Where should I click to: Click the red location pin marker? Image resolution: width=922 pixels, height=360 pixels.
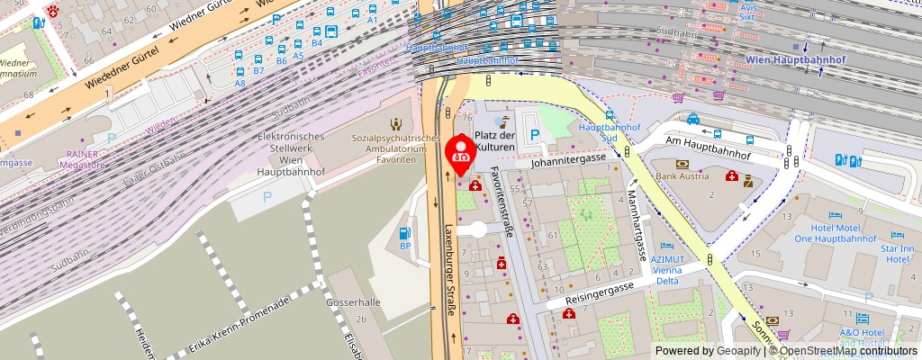tap(461, 154)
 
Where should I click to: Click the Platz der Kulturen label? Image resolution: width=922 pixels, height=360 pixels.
tap(494, 140)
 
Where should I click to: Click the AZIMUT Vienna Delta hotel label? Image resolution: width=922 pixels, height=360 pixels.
tap(668, 265)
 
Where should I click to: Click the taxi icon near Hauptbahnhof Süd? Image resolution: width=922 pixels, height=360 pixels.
tap(693, 118)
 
